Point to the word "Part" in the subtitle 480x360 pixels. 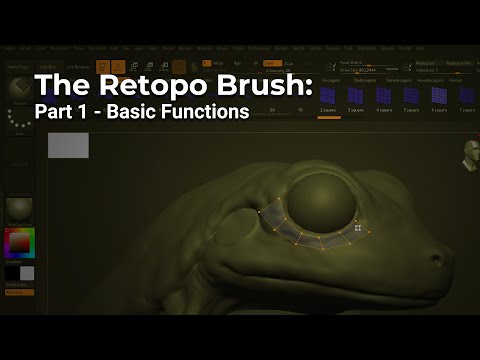[55, 111]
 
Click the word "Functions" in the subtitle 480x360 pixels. [211, 111]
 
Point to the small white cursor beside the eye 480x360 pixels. [357, 230]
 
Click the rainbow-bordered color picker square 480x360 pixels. [20, 243]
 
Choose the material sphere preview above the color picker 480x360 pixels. [20, 209]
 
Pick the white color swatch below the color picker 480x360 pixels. [27, 273]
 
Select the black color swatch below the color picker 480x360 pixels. [13, 273]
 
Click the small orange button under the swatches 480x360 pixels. [19, 292]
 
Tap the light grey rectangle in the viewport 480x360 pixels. [68, 146]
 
